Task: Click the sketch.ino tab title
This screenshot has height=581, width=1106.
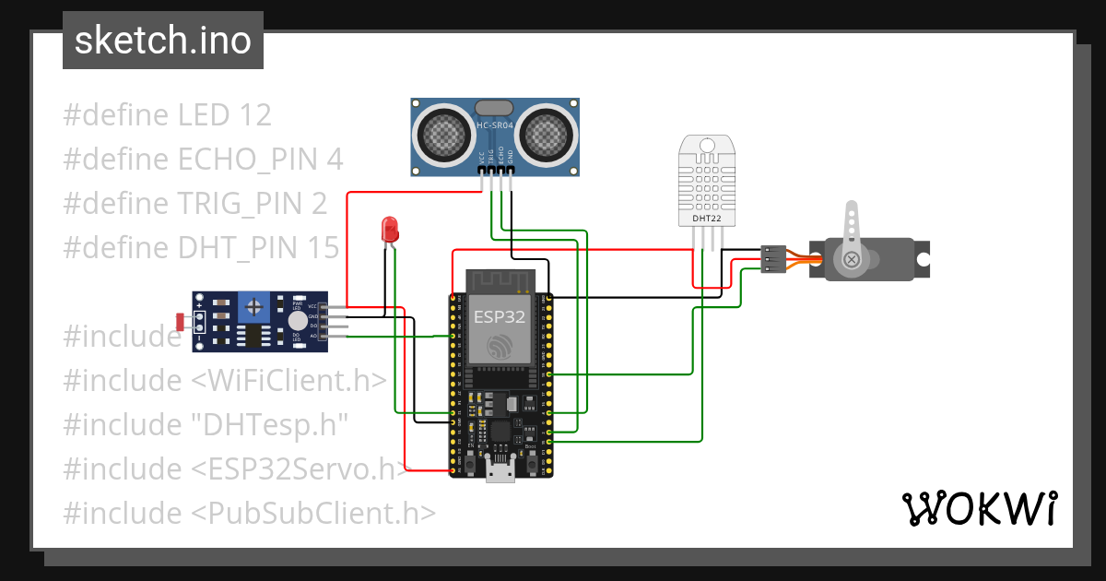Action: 162,41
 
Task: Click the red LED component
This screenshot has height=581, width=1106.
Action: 389,228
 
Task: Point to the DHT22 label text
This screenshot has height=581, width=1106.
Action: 707,219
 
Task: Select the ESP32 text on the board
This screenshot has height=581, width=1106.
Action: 500,316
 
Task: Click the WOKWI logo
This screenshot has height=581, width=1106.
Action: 979,508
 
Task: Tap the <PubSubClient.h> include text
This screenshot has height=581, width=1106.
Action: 313,514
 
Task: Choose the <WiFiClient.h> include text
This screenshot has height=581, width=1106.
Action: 288,381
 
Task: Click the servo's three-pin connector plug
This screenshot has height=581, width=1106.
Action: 773,259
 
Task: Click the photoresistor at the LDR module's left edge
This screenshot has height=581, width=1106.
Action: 180,322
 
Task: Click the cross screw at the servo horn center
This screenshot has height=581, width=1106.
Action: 853,261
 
